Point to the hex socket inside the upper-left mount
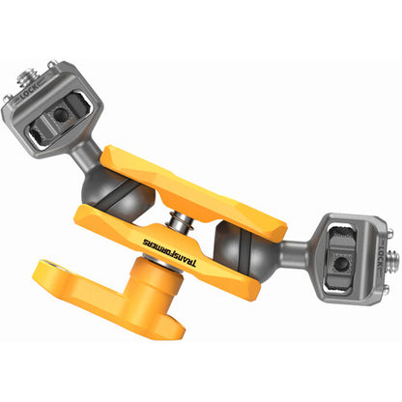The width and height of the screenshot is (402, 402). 61,114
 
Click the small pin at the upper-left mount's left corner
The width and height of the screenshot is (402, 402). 10,98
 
